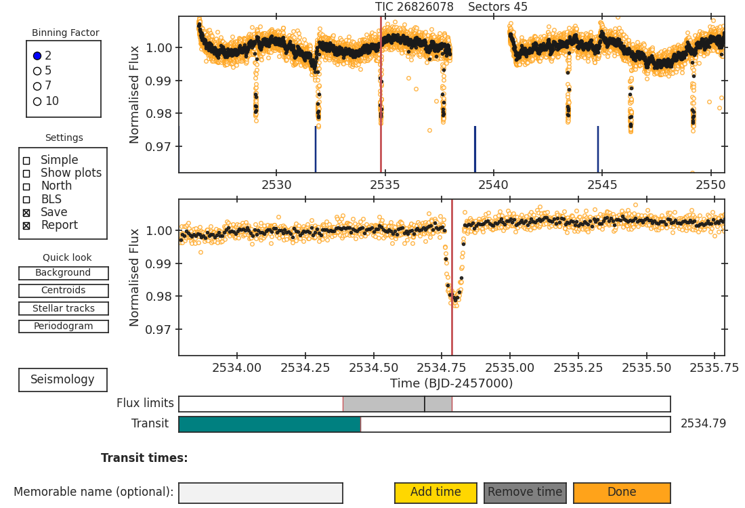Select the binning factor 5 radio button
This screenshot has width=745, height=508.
[x=37, y=71]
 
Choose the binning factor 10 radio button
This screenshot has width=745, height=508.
[x=37, y=101]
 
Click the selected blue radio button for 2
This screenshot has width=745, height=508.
[x=37, y=56]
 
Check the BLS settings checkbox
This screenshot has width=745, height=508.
[x=26, y=200]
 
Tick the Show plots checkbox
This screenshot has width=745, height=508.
[x=26, y=173]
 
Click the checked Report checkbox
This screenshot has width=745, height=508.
[x=26, y=226]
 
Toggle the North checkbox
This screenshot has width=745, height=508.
[x=26, y=187]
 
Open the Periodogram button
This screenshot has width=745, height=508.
[x=64, y=326]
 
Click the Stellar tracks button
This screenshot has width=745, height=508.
[x=64, y=308]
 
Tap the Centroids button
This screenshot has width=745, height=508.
[x=64, y=291]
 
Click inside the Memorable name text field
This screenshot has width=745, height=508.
[x=261, y=493]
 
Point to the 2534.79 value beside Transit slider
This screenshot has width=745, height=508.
[x=703, y=423]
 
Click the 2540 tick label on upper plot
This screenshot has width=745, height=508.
[x=493, y=185]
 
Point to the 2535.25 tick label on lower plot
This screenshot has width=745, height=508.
[x=578, y=368]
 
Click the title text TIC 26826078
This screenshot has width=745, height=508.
[x=414, y=7]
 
